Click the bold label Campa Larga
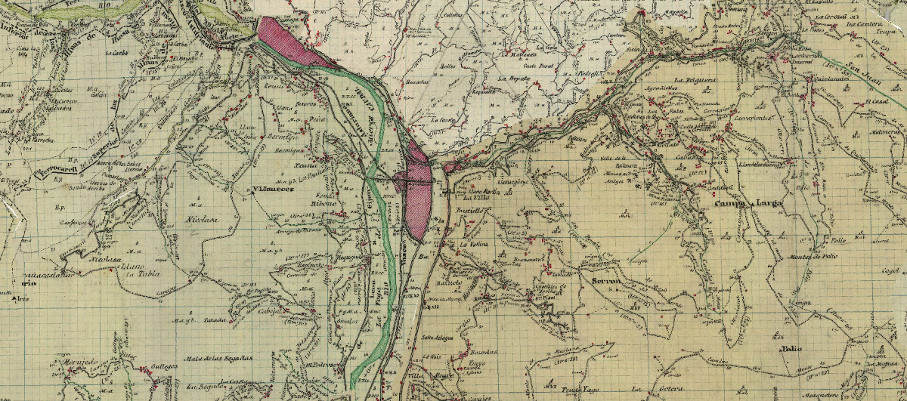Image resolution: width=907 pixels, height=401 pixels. [x=748, y=203]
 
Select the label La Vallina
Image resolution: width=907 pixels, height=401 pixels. [x=475, y=245]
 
